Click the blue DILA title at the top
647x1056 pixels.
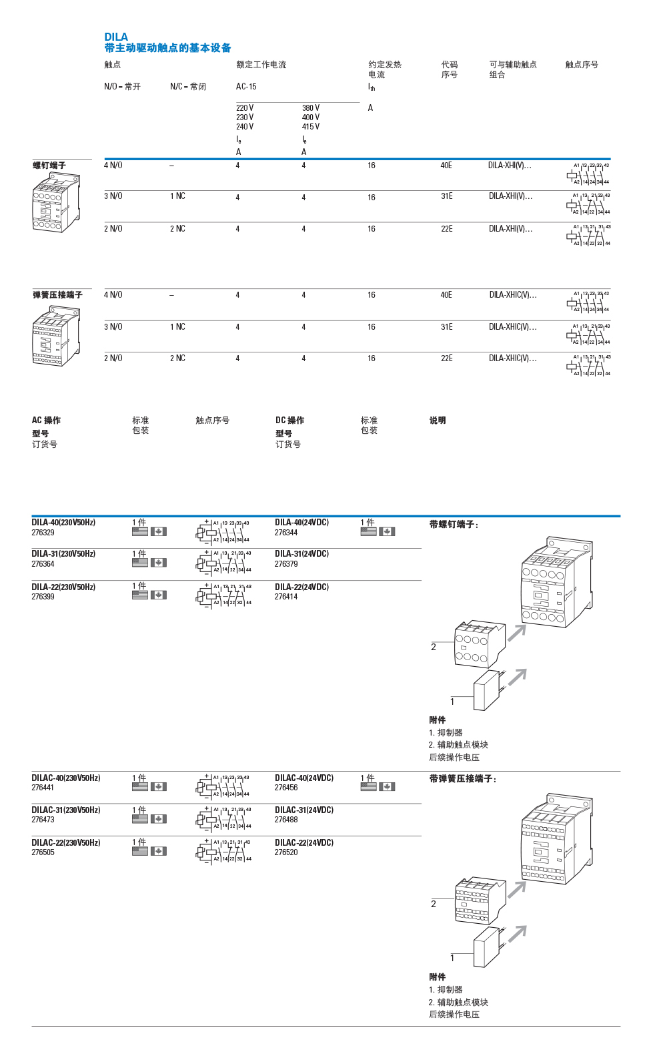pos(116,37)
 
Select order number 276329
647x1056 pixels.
pos(43,533)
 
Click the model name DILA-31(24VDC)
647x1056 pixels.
pos(301,554)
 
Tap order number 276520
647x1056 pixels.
pos(286,852)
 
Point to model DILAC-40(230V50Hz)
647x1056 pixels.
pos(66,778)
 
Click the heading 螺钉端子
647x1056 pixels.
pos(49,166)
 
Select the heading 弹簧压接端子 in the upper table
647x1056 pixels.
pos(58,295)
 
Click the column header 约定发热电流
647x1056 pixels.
pos(385,69)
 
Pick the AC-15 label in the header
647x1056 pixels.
pos(246,87)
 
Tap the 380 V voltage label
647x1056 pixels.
pos(311,108)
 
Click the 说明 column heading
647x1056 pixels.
pos(438,421)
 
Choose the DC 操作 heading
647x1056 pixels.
pos(289,421)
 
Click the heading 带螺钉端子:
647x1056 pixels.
pos(454,525)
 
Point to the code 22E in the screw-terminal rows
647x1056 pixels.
pos(447,229)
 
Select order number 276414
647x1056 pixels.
pos(286,597)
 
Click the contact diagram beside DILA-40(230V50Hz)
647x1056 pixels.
pos(223,531)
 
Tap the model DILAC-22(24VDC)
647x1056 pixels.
pos(304,843)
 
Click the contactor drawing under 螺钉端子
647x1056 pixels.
pos(56,203)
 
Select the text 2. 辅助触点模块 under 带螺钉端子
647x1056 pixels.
pos(458,745)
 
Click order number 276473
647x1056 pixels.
pos(43,820)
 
